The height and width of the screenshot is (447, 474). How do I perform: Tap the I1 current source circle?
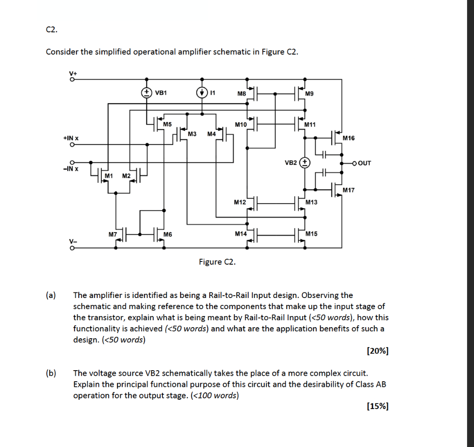(x=202, y=92)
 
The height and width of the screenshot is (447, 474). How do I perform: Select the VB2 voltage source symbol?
(x=305, y=163)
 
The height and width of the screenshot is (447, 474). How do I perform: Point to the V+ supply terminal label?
(x=72, y=73)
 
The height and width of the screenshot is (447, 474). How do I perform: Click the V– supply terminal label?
(x=72, y=241)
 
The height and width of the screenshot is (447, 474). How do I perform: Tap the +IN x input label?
(x=71, y=138)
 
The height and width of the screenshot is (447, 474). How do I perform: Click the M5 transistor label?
(x=167, y=124)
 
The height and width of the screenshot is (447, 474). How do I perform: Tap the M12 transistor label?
(x=240, y=202)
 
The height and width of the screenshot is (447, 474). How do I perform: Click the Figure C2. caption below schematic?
(x=217, y=262)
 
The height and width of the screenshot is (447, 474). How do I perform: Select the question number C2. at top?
(x=52, y=30)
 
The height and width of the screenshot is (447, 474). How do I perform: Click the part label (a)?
(x=50, y=295)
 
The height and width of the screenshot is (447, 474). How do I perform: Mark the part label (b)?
(x=50, y=373)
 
